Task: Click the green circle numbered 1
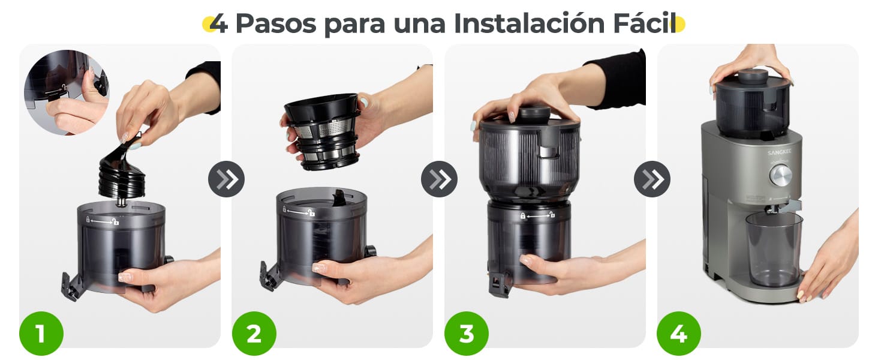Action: tap(41, 334)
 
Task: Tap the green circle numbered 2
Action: tap(254, 334)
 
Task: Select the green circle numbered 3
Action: tap(467, 334)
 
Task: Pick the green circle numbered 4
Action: tap(678, 334)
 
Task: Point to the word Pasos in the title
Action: tap(276, 24)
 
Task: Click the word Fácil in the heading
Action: tap(643, 24)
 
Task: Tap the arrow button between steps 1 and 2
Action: tap(226, 179)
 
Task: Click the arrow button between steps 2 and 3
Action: tap(439, 179)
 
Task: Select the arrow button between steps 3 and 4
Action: tap(652, 179)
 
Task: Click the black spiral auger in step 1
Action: tap(122, 174)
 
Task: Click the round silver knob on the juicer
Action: tap(780, 175)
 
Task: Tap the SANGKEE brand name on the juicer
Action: tap(780, 152)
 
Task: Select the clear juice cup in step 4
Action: tap(774, 249)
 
